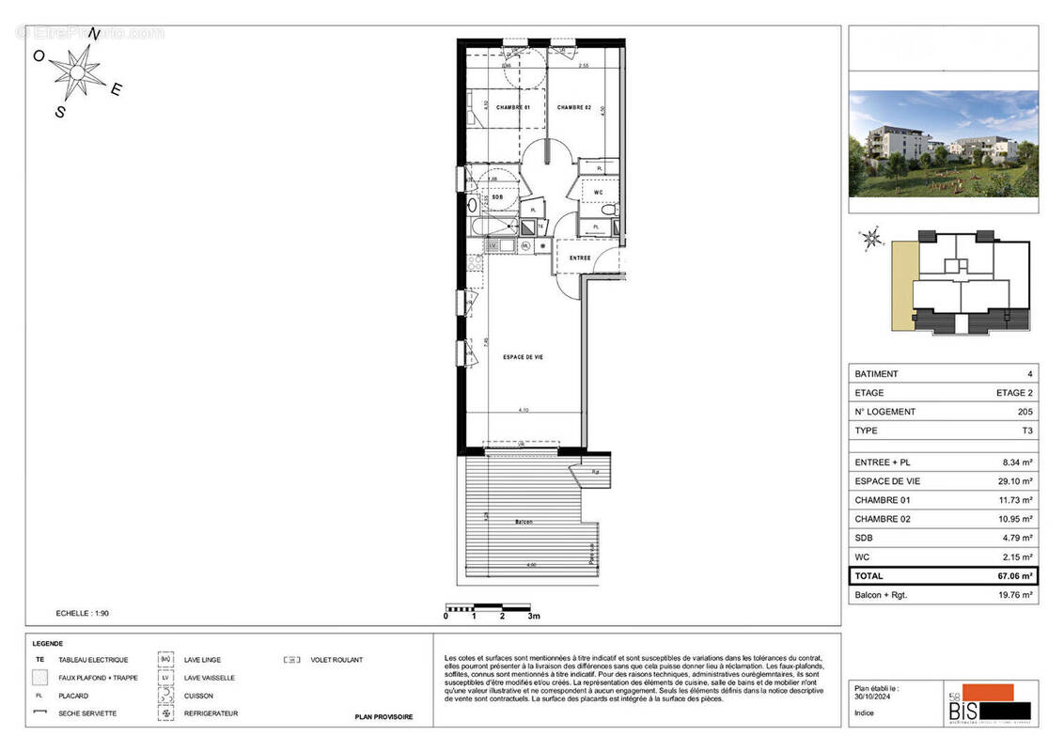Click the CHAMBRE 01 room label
coord(514,107)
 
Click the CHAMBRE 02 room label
coord(573,107)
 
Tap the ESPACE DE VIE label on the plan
coord(524,357)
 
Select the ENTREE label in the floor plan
coord(579,257)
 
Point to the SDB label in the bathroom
coord(496,196)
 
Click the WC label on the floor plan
coord(597,193)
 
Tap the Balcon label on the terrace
coord(524,522)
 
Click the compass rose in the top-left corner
coord(77,70)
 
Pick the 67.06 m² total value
coord(1014,575)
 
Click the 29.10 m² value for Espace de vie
coord(1014,480)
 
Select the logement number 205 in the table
coord(1025,412)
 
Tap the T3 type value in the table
coord(1027,431)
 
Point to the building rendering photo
coord(943,144)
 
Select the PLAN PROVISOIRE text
coord(383,717)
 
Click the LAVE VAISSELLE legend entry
coord(210,678)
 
